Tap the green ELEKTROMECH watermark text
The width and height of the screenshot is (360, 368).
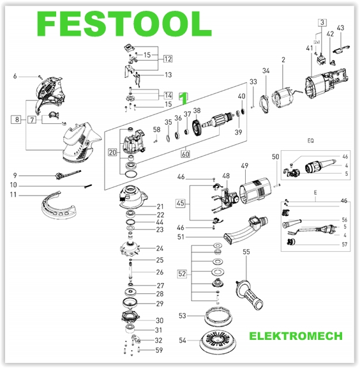pyautogui.click(x=296, y=335)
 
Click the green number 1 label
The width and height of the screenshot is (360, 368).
pyautogui.click(x=184, y=99)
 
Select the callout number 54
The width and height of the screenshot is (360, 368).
pyautogui.click(x=182, y=341)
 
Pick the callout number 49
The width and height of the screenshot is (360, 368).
pyautogui.click(x=244, y=167)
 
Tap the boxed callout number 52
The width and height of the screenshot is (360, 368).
pyautogui.click(x=183, y=274)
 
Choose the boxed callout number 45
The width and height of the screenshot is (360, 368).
pyautogui.click(x=181, y=204)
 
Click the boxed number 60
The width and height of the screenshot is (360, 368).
pyautogui.click(x=186, y=153)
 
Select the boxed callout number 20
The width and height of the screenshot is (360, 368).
pyautogui.click(x=112, y=152)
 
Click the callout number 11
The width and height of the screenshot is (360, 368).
pyautogui.click(x=13, y=194)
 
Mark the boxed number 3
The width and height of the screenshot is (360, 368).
pyautogui.click(x=324, y=23)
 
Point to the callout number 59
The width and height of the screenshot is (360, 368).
pyautogui.click(x=160, y=350)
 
